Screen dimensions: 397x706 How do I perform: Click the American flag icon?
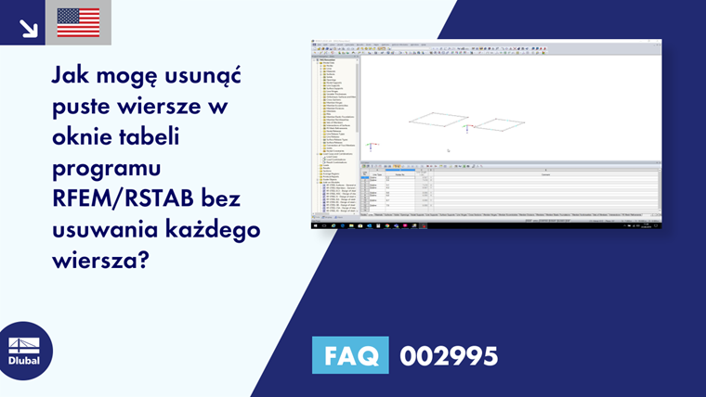[x=78, y=22]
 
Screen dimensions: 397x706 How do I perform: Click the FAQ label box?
[x=350, y=355]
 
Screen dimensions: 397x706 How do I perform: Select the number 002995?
[x=449, y=356]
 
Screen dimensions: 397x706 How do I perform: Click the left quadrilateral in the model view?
[x=439, y=118]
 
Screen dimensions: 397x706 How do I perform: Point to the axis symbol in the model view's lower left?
[x=372, y=146]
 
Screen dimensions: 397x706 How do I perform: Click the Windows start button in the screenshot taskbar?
[x=316, y=224]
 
